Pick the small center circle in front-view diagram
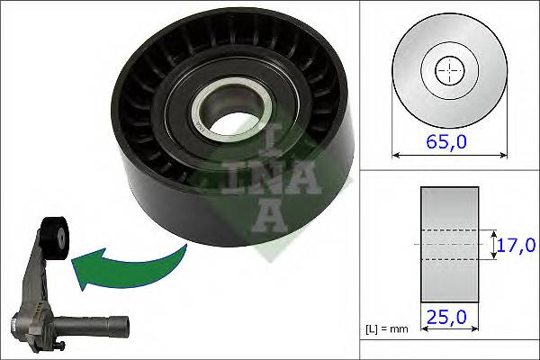(447, 70)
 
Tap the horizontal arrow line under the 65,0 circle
(447, 154)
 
